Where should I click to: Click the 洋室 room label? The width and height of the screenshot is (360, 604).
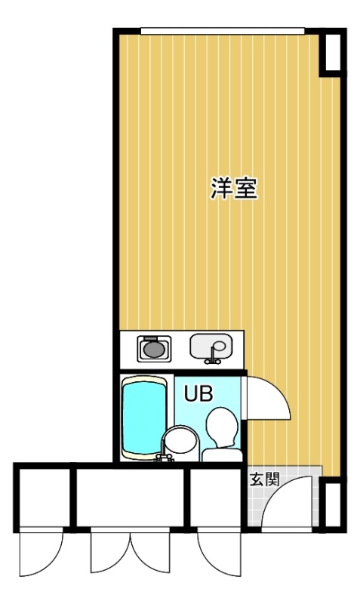pos(234,188)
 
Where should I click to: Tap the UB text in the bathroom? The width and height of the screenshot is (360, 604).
pos(198,393)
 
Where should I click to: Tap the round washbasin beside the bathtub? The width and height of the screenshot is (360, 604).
pos(180,439)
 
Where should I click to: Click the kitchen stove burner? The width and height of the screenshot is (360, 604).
pos(154,348)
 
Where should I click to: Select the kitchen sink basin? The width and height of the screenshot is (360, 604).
pos(211,346)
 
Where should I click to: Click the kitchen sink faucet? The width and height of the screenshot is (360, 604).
pos(213,356)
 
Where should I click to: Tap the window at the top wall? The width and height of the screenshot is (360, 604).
pos(223,31)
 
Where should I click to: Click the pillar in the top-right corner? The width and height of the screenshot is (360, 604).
pos(333,52)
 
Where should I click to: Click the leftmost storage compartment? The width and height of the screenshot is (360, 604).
pos(45,498)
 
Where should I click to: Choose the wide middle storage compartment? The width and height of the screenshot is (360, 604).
pos(130,498)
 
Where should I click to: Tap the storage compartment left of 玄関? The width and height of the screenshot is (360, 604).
pos(216,498)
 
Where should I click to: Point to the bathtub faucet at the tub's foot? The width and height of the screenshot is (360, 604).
pos(164,456)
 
